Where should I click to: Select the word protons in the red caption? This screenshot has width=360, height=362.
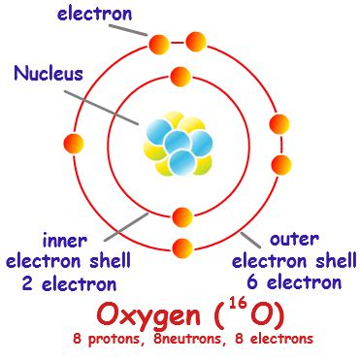pyautogui.click(x=125, y=340)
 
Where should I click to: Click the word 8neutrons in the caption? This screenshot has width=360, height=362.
pyautogui.click(x=192, y=340)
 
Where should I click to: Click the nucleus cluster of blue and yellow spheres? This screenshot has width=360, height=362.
pyautogui.click(x=180, y=145)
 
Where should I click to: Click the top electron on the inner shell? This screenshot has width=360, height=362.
pyautogui.click(x=180, y=76)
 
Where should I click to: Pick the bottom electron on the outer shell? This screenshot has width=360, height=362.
pyautogui.click(x=180, y=247)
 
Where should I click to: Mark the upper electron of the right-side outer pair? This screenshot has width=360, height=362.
pyautogui.click(x=279, y=124)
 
